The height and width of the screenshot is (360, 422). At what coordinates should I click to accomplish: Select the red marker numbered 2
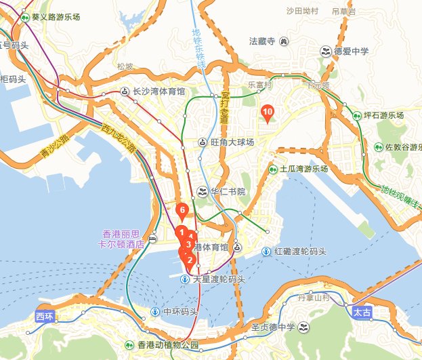(190, 260)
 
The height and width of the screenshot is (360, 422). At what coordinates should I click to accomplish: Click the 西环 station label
(45, 317)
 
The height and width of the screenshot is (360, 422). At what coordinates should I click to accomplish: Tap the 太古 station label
(362, 313)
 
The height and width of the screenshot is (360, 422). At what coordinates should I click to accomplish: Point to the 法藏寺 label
(262, 41)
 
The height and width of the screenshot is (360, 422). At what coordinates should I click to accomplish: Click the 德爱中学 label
(351, 51)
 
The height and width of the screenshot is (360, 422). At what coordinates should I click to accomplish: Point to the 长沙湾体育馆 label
(159, 91)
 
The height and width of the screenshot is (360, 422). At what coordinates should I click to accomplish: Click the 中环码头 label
(180, 313)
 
